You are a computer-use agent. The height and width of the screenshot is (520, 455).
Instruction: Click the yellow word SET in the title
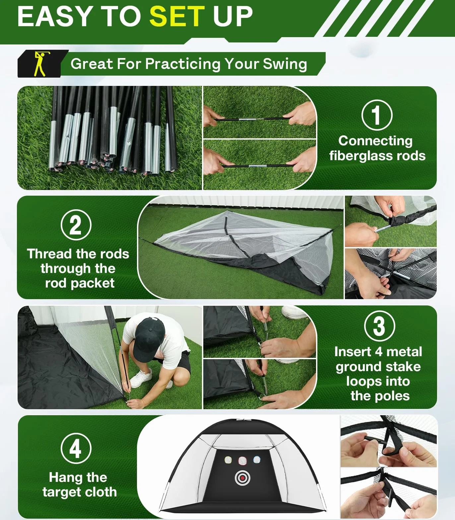[177, 16]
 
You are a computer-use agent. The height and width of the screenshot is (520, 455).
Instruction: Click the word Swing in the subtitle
[285, 64]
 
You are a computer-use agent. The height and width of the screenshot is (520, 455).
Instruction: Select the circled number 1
[377, 115]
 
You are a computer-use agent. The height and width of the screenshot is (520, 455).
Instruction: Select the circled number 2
[76, 225]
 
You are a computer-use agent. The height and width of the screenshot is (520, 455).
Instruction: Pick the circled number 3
[379, 326]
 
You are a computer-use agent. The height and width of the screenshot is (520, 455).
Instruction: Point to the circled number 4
[76, 448]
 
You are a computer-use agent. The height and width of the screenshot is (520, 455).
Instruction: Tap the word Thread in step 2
[45, 254]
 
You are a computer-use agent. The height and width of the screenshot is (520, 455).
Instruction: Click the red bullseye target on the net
[242, 478]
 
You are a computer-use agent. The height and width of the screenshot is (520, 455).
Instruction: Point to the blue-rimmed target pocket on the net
[257, 460]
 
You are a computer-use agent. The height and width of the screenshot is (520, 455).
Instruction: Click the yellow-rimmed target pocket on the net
[228, 460]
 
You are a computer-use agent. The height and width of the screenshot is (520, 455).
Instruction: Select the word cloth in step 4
[98, 492]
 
